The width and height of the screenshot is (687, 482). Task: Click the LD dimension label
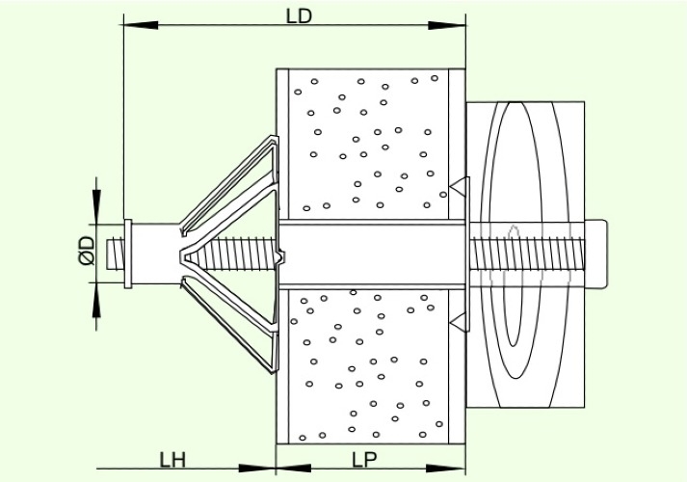click(x=300, y=16)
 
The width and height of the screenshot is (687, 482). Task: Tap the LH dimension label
click(x=172, y=460)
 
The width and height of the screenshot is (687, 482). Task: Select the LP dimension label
click(x=364, y=460)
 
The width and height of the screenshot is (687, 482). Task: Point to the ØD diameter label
click(x=87, y=251)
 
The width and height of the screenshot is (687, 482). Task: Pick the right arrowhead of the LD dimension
click(x=446, y=25)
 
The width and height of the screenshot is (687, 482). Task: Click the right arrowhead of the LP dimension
click(x=445, y=469)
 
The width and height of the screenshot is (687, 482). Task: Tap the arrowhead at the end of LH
click(x=257, y=469)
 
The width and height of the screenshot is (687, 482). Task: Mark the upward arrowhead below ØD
click(x=96, y=300)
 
